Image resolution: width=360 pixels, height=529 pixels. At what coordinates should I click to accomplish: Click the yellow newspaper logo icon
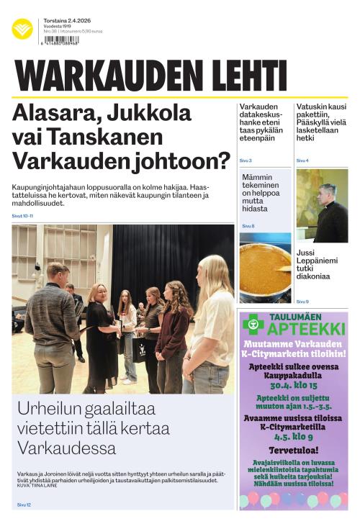(22, 29)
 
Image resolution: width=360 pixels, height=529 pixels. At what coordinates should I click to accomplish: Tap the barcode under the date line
(61, 41)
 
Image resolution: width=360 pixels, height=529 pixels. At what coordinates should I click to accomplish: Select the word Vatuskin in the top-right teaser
(312, 107)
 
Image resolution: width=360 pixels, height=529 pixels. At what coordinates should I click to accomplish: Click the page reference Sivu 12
(24, 505)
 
